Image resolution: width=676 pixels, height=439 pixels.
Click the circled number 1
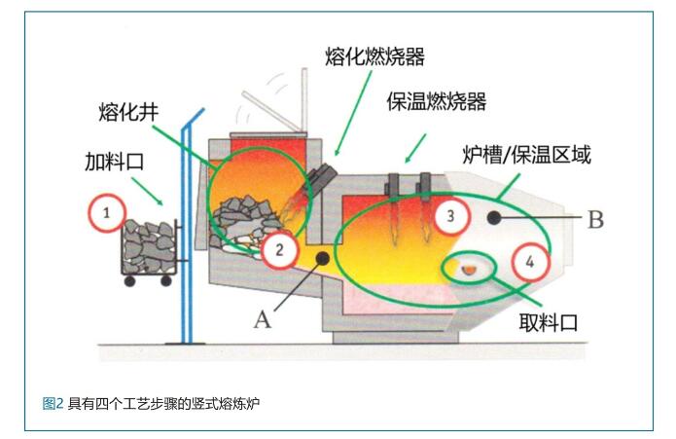(107, 213)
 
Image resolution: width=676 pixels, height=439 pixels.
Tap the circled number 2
(280, 250)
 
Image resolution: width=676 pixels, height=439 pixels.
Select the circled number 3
(451, 216)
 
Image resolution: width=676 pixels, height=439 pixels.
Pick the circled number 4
(531, 262)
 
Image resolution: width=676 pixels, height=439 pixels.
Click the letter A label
(263, 320)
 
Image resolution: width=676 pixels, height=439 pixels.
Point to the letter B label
(595, 220)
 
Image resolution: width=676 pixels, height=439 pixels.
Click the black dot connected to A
(323, 258)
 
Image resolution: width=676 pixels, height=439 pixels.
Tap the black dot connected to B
(494, 218)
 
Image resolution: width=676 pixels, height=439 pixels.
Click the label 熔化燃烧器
(374, 56)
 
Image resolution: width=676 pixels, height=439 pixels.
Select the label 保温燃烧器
(437, 102)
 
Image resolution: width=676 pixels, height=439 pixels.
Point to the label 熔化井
(128, 112)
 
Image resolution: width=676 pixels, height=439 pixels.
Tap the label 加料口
(114, 162)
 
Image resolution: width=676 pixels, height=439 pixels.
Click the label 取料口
(548, 322)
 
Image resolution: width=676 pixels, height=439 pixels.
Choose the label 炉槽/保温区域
(526, 155)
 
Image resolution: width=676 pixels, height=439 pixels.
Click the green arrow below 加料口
(148, 192)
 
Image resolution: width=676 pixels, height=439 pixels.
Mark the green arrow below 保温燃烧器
(415, 149)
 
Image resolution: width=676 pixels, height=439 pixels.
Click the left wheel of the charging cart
(129, 281)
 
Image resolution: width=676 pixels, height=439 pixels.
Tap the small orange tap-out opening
(468, 270)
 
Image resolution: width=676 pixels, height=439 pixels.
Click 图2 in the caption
(53, 404)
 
